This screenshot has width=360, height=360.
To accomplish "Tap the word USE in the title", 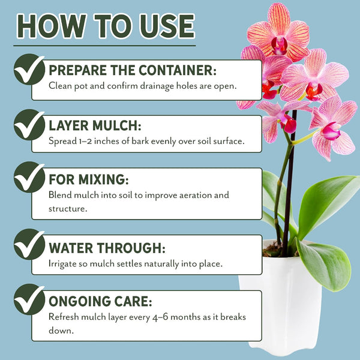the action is pyautogui.click(x=167, y=26).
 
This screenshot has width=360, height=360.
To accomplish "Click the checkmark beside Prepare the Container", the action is pyautogui.click(x=29, y=70).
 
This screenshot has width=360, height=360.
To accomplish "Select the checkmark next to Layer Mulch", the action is pyautogui.click(x=29, y=125).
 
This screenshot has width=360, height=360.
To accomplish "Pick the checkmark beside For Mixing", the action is pyautogui.click(x=29, y=177).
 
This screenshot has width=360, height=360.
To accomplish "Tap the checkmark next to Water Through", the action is pyautogui.click(x=29, y=244).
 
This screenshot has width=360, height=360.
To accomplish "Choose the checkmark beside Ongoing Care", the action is pyautogui.click(x=29, y=299).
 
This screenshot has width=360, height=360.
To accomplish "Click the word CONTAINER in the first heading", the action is pyautogui.click(x=178, y=70).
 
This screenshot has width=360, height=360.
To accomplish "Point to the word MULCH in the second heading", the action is pyautogui.click(x=116, y=125).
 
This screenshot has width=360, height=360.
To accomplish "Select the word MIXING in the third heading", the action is pyautogui.click(x=103, y=179).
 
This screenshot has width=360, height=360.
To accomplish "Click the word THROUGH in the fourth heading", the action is pyautogui.click(x=131, y=248).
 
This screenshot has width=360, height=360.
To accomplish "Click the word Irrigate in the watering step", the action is pyautogui.click(x=62, y=264).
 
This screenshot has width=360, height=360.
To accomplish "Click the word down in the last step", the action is pyautogui.click(x=61, y=331).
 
